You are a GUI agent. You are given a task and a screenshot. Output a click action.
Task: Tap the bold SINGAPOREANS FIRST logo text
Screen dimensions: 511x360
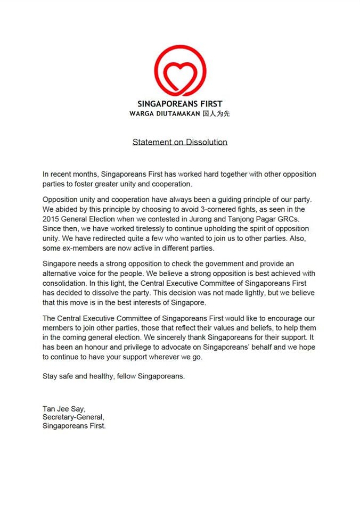(x=179, y=104)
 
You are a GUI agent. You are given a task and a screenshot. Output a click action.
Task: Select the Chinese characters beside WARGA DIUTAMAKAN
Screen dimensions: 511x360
(x=217, y=113)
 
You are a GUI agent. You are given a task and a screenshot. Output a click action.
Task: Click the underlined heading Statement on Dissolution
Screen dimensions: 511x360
(x=179, y=142)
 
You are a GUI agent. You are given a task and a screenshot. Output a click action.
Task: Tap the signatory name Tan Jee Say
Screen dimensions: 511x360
(x=63, y=409)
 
